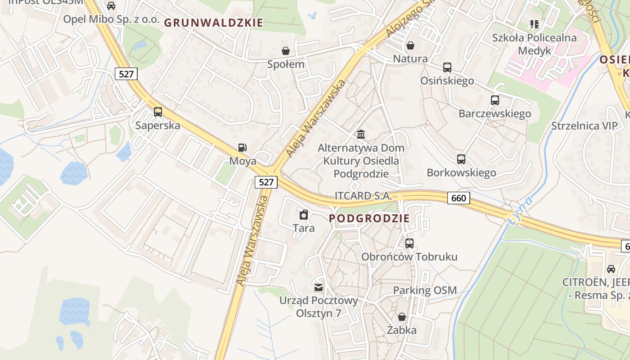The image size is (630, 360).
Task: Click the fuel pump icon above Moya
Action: [x=242, y=148]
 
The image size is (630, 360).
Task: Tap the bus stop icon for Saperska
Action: [x=157, y=112]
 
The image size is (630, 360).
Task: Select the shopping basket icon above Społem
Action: [x=285, y=50]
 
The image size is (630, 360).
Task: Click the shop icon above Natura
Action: [x=410, y=45]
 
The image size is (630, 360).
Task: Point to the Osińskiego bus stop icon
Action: [x=447, y=67]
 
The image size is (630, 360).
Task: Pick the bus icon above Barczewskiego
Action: [x=495, y=100]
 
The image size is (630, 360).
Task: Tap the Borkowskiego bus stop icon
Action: [x=461, y=159]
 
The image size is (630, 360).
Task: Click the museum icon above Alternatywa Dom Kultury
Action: [x=360, y=135]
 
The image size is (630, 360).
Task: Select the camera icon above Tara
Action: [x=304, y=215]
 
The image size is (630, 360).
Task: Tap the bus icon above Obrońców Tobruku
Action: [x=409, y=243]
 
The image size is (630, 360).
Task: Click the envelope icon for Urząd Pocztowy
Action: [x=319, y=287]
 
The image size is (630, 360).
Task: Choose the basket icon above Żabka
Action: [x=401, y=317]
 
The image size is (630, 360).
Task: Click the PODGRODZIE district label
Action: [x=369, y=219]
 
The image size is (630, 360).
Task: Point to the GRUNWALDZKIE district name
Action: [x=213, y=22]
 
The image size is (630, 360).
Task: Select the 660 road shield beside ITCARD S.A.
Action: [x=459, y=198]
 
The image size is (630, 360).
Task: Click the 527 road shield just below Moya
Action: [x=266, y=182]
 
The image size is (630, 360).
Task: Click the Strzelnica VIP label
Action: [x=585, y=126]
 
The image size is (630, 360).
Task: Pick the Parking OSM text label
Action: [x=425, y=291]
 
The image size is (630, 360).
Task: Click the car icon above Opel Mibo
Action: [x=111, y=6]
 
